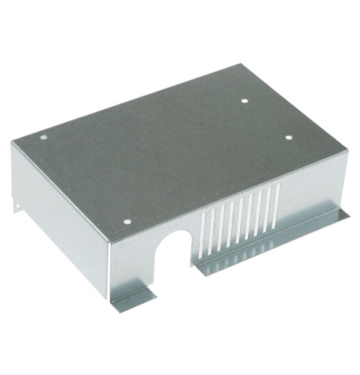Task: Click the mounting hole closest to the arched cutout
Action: point(127,223)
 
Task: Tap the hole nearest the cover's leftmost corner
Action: point(43,138)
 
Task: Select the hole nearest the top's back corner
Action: point(245,100)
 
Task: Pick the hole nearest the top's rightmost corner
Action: point(288,137)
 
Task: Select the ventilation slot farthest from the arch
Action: point(277,202)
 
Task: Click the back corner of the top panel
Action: point(242,66)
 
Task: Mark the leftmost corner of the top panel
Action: point(13,142)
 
